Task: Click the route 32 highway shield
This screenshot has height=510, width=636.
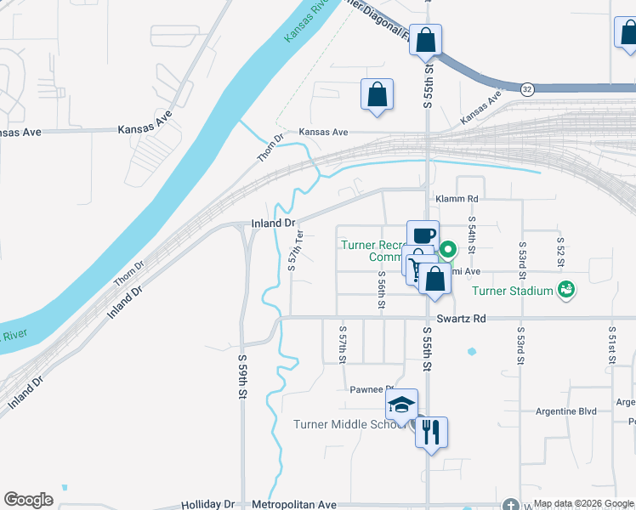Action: pyautogui.click(x=527, y=89)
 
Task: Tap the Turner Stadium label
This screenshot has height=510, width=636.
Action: pyautogui.click(x=513, y=291)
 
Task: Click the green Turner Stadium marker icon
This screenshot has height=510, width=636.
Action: pyautogui.click(x=566, y=290)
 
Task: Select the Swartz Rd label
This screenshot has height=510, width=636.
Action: pyautogui.click(x=461, y=319)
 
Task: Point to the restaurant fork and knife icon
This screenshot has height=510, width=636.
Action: pyautogui.click(x=431, y=433)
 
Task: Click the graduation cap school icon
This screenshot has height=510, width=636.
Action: pyautogui.click(x=402, y=405)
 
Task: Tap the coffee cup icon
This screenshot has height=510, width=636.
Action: pyautogui.click(x=423, y=235)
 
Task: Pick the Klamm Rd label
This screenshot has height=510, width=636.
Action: pyautogui.click(x=457, y=199)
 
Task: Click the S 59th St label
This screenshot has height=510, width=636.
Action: pyautogui.click(x=242, y=377)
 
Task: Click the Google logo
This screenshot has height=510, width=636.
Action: pyautogui.click(x=28, y=500)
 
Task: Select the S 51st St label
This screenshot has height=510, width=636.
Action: pyautogui.click(x=610, y=344)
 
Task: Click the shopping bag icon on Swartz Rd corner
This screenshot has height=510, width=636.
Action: pyautogui.click(x=435, y=280)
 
